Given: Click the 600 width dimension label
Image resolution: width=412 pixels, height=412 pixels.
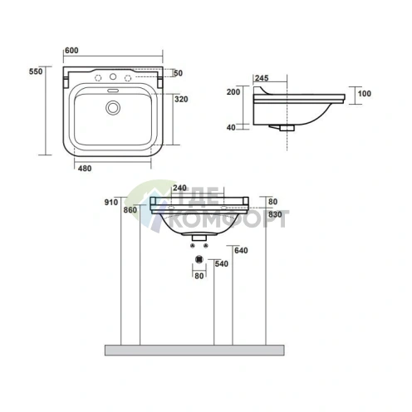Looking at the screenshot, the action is click(71, 51).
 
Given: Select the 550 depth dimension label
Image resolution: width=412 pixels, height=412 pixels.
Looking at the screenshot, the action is click(36, 71).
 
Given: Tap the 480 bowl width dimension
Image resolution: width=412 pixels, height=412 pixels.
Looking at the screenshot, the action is click(85, 169).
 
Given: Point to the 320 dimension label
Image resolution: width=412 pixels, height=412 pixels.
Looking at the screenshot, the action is click(181, 99).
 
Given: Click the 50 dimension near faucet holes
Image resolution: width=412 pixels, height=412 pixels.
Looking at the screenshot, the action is click(179, 73).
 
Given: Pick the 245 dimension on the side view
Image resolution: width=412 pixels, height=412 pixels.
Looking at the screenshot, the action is click(262, 78).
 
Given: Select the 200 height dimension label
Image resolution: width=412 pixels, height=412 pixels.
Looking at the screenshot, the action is click(233, 92).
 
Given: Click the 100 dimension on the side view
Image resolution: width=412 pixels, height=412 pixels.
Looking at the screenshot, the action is click(365, 94).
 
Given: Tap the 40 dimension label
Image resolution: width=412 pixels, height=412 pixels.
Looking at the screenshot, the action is click(231, 127).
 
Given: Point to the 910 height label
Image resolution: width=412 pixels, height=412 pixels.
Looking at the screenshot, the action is click(111, 203).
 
